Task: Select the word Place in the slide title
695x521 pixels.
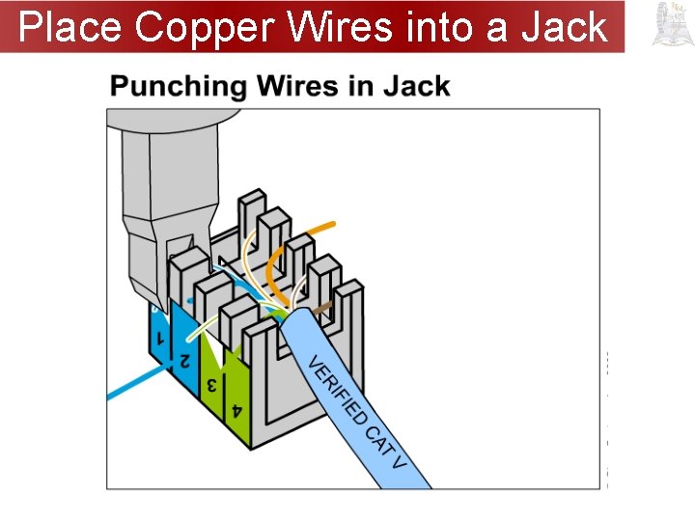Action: point(72,27)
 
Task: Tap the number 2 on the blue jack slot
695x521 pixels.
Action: point(182,361)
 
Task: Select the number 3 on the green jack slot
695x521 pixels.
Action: point(208,385)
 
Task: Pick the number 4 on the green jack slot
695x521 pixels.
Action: point(236,411)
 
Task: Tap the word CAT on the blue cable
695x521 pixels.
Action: point(377,438)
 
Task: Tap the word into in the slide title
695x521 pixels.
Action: point(440,27)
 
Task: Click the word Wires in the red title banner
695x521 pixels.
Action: point(337,27)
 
